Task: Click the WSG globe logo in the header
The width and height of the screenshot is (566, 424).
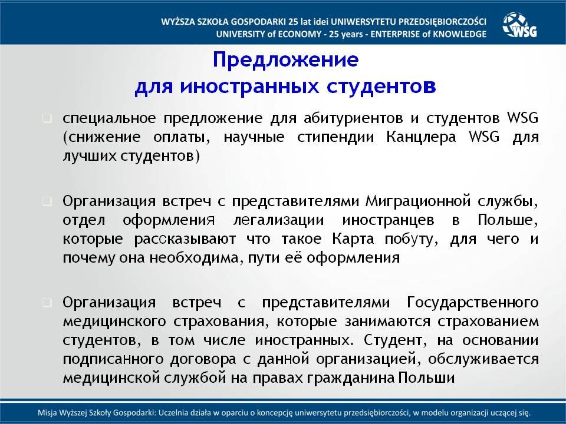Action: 519,25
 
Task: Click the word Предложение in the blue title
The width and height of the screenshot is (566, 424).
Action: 285,60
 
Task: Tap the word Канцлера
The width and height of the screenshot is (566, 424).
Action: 421,137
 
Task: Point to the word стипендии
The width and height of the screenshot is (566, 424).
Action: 335,137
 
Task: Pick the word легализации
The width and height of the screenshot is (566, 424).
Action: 279,220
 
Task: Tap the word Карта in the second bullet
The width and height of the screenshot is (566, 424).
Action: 353,239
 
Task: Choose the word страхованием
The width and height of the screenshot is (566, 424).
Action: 488,322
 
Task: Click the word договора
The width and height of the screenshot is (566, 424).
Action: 203,359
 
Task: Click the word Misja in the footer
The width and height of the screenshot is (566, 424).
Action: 45,413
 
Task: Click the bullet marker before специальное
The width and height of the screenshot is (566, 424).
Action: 47,118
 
